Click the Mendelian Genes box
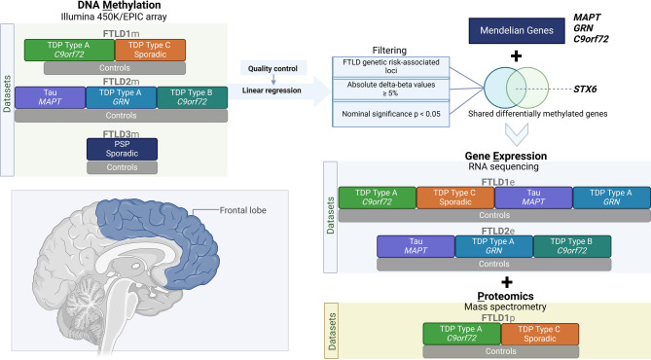517,30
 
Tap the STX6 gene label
585,89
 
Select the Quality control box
273,68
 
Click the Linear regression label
271,90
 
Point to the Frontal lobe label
243,210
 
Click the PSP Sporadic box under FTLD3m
122,149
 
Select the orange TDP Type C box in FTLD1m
150,51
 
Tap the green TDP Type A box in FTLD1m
69,51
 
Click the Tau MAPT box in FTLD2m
51,97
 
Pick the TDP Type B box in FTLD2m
193,97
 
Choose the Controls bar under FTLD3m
122,167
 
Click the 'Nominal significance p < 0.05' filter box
390,114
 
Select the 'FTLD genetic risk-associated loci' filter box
390,66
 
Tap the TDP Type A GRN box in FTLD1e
611,198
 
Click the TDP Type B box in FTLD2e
572,246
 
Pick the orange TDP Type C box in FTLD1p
540,335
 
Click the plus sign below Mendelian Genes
516,56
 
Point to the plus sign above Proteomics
507,282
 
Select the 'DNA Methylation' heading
119,6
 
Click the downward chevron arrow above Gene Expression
517,134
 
